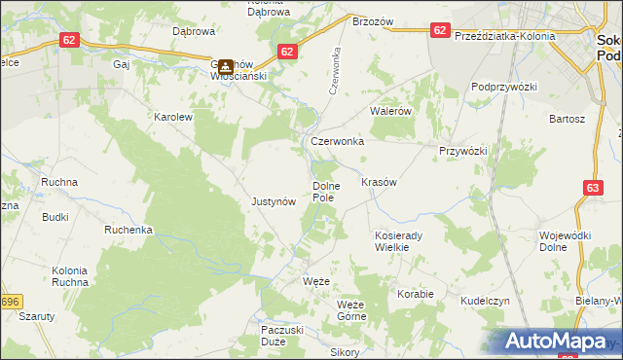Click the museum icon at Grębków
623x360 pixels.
tap(225, 67)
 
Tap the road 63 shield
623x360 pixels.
tap(594, 186)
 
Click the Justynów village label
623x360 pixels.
tap(274, 202)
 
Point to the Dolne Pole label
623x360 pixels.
tap(324, 191)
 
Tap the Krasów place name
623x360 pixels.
tap(380, 182)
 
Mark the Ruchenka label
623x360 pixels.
tap(129, 230)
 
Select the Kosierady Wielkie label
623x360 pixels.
tap(400, 241)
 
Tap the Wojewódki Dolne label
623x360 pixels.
tap(566, 241)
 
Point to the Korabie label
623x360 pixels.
tap(415, 292)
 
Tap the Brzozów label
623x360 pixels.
tap(373, 21)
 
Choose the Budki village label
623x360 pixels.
tap(55, 217)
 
